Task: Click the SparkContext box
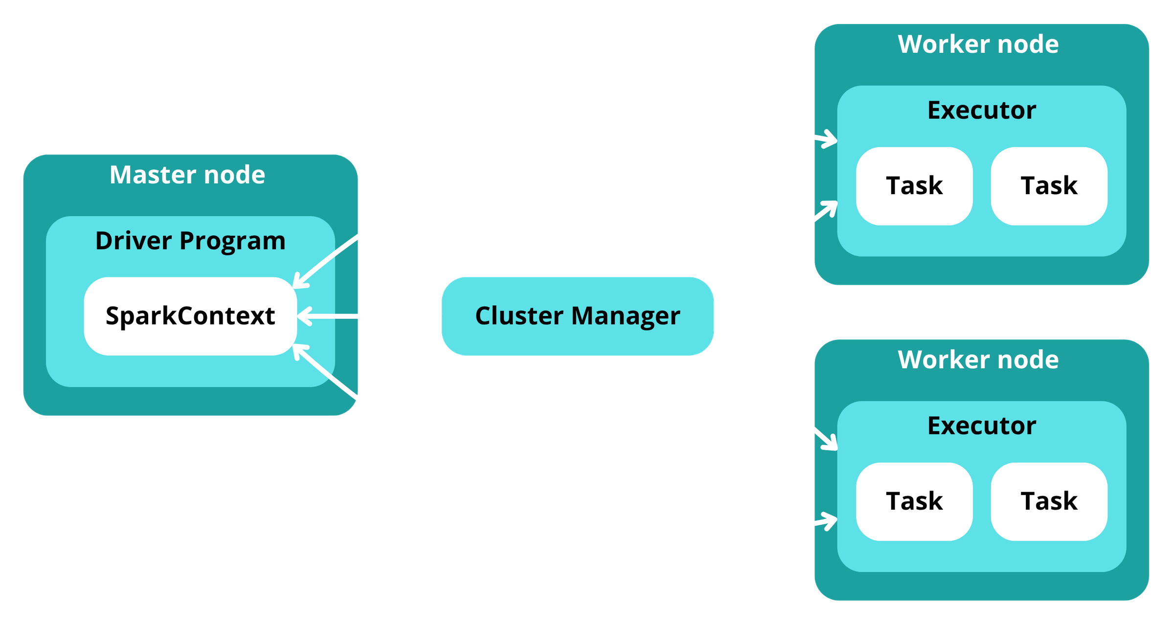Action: tap(190, 316)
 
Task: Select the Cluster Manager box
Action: tap(577, 316)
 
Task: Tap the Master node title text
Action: tap(187, 175)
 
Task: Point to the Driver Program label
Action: tap(190, 241)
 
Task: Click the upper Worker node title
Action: tap(978, 45)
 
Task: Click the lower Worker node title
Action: tap(978, 360)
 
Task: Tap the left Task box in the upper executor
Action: tap(914, 186)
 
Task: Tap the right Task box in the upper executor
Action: tap(1049, 186)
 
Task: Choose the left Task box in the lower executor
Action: tap(914, 502)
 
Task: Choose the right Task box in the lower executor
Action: tap(1049, 502)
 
